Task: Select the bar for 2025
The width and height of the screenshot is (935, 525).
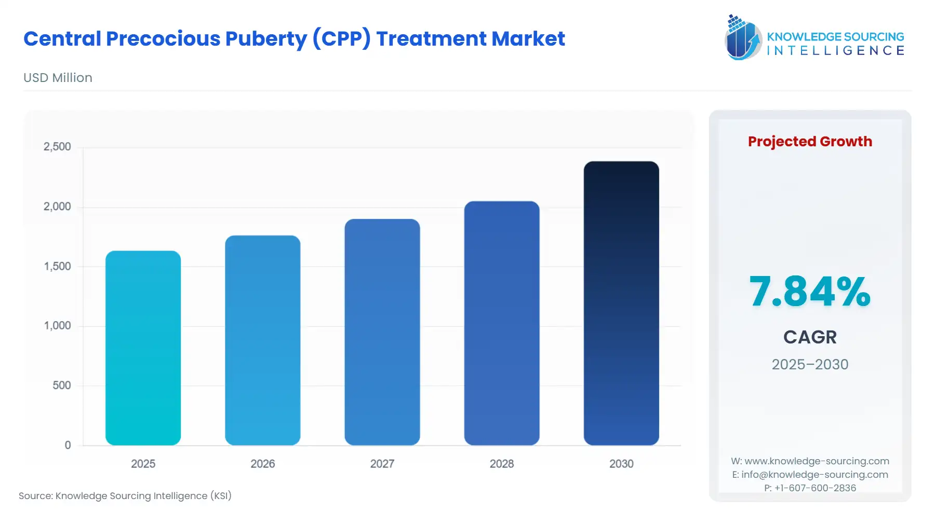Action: tap(143, 348)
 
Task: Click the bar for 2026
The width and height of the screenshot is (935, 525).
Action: tap(262, 340)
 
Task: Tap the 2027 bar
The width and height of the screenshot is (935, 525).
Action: tap(382, 332)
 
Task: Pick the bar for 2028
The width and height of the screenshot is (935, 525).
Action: tap(501, 323)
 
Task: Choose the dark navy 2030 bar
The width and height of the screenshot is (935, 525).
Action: tap(621, 303)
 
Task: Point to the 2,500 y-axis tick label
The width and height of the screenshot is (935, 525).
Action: tap(57, 147)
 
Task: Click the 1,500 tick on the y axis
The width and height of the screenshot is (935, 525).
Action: tap(57, 266)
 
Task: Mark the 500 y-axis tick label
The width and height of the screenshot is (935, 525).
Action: tap(61, 385)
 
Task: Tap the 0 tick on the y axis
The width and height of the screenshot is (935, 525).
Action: tap(68, 445)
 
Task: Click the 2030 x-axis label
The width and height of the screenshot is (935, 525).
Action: tap(621, 464)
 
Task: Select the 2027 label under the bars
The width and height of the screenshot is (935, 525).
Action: tap(382, 464)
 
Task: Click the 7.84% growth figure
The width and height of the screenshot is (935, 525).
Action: tap(809, 292)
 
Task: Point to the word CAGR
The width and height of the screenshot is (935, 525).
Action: tap(809, 337)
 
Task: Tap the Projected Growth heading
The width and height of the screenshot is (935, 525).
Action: tap(809, 142)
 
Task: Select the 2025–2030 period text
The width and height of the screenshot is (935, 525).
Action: tap(809, 364)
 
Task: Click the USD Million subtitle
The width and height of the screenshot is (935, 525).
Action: tap(58, 78)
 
